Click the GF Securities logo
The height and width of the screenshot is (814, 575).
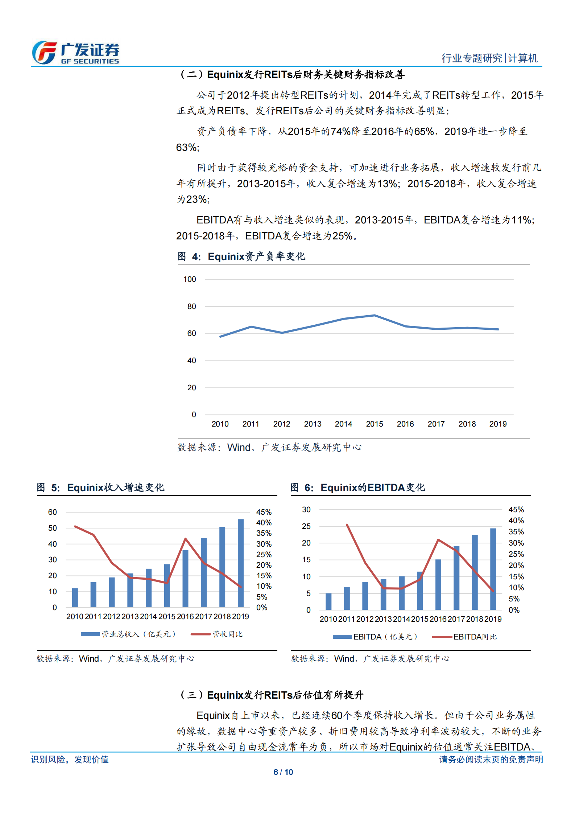click(x=75, y=53)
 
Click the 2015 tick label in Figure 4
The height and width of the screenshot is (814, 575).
click(x=375, y=424)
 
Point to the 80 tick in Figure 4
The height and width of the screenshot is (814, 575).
click(x=191, y=307)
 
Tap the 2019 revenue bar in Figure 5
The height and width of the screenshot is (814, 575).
click(x=241, y=563)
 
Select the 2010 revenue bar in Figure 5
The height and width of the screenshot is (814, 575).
click(x=75, y=597)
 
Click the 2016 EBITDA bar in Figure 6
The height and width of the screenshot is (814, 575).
click(x=438, y=584)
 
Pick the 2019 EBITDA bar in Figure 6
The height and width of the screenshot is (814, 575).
click(x=493, y=569)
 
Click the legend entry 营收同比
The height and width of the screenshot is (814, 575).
click(x=227, y=634)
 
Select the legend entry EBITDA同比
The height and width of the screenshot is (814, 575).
click(x=475, y=637)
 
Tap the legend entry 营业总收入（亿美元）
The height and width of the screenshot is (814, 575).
click(x=138, y=634)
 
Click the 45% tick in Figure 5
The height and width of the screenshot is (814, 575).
click(x=264, y=512)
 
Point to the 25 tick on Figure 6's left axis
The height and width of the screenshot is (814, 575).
click(x=306, y=526)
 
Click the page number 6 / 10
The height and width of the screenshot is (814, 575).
click(x=283, y=772)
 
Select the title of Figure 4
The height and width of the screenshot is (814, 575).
click(x=241, y=256)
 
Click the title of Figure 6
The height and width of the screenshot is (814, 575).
click(x=357, y=488)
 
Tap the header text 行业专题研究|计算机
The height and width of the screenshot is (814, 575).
click(x=489, y=58)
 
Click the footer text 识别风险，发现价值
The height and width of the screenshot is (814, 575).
click(x=70, y=759)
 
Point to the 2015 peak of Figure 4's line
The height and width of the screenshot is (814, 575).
click(x=375, y=315)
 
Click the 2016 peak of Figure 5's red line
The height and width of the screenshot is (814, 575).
click(x=185, y=539)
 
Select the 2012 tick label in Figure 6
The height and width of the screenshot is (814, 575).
click(x=365, y=619)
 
